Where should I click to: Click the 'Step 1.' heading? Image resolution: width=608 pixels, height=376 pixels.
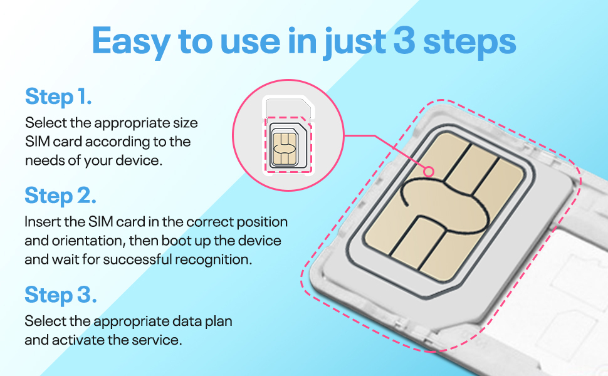58,97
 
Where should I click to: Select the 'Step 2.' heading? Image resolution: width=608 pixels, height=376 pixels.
61,196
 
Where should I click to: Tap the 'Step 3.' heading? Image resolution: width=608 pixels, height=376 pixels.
61,295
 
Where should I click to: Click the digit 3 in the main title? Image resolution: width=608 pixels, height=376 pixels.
404,40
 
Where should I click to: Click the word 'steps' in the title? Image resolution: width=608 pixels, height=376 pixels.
469,43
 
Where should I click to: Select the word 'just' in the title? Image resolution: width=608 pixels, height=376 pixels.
355,43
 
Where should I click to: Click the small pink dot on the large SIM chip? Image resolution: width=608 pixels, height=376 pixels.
429,171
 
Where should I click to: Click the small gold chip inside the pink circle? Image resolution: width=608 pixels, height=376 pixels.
285,148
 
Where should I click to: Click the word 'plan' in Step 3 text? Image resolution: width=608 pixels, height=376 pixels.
217,322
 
